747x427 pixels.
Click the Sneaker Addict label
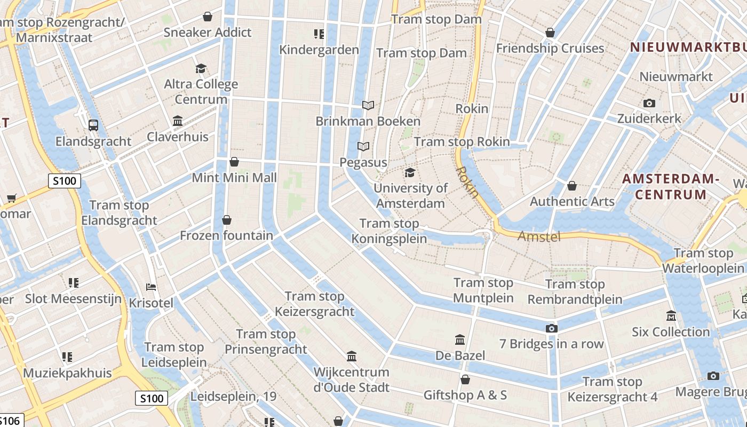point(207,33)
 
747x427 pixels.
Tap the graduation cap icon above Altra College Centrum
point(201,68)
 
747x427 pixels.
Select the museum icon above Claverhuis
point(178,121)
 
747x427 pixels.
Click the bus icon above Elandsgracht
point(93,125)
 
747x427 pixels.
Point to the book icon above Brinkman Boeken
point(368,106)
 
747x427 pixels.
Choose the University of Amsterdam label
point(410,195)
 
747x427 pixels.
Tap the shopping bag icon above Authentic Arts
point(572,186)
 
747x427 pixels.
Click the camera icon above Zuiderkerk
point(649,103)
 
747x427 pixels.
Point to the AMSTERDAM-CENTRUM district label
point(671,186)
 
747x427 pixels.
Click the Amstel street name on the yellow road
point(539,236)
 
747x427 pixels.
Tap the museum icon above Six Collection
point(671,316)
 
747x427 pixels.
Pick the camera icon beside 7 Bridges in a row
point(552,328)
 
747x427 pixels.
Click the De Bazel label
point(460,355)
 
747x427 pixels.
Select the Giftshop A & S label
point(465,395)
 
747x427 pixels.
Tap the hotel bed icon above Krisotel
point(151,287)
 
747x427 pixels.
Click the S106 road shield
point(10,421)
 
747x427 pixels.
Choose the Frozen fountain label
point(226,235)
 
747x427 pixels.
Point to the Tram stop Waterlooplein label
point(703,260)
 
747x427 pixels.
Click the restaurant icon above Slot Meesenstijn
point(74,282)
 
